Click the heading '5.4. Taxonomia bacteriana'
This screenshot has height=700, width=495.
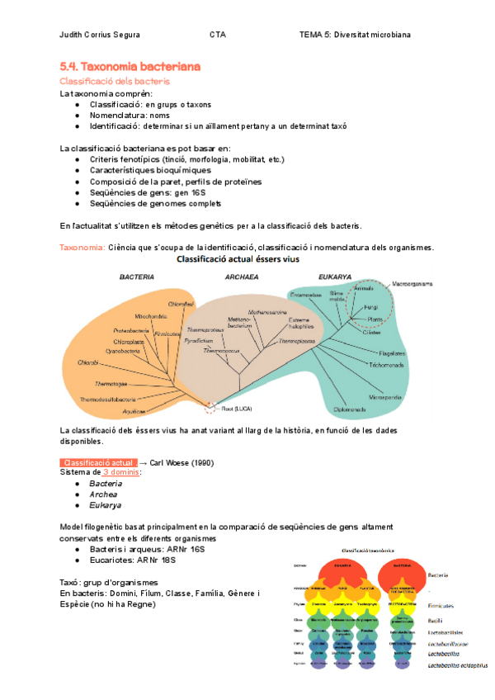click(130, 66)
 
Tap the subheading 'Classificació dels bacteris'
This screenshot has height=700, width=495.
click(115, 81)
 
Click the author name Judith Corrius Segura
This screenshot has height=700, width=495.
click(100, 35)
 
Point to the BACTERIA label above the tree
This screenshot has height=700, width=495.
click(137, 277)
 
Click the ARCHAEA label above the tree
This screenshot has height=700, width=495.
click(243, 277)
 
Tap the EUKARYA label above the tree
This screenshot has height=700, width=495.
click(334, 277)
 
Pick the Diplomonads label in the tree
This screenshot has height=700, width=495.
click(350, 409)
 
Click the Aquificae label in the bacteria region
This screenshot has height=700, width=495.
click(134, 410)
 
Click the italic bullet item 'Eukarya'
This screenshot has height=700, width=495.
click(106, 505)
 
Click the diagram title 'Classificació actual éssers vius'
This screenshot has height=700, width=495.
click(238, 258)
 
